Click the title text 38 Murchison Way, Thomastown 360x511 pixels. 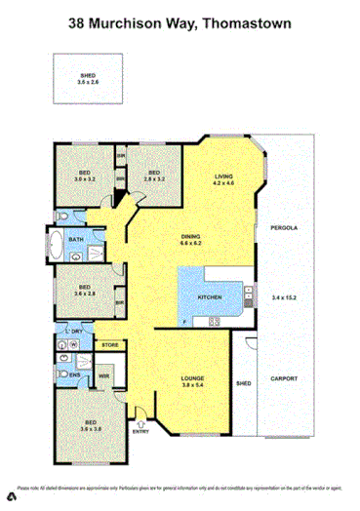(x=180, y=20)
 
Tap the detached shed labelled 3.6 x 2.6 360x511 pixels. (x=88, y=80)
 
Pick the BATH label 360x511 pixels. (x=74, y=238)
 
